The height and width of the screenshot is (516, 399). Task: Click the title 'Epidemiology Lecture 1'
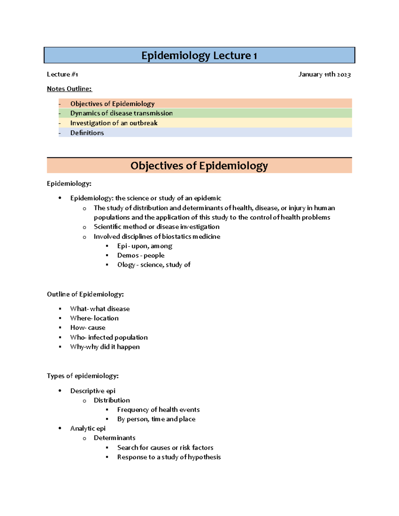coord(199,55)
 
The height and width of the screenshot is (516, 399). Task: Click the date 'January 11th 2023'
coord(324,74)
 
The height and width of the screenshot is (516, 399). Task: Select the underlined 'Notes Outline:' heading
coord(69,89)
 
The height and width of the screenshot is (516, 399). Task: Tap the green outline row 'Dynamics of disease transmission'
coord(121,113)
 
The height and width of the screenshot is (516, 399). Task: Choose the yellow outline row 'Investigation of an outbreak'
coord(114,123)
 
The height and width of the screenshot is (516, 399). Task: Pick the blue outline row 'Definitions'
coord(87,133)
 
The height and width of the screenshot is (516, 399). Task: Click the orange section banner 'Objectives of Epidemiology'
coord(199,165)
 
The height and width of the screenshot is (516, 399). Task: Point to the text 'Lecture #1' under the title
coord(62,74)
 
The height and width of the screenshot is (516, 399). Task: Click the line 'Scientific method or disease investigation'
coord(156,227)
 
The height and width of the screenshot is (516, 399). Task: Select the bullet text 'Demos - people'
coord(141,255)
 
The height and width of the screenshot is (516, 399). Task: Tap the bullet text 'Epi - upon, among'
coord(145,246)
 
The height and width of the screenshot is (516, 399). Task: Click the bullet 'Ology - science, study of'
coord(154,264)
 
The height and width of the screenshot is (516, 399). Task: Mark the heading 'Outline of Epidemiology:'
coord(85,294)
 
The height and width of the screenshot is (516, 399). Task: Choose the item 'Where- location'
coord(94,318)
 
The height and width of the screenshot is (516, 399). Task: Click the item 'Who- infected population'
coord(109,337)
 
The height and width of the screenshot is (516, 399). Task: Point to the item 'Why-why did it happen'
coord(105,347)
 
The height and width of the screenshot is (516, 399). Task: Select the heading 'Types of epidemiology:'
coord(82,376)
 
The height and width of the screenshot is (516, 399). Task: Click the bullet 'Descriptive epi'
coord(93,391)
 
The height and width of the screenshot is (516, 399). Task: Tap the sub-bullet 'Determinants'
coord(114,438)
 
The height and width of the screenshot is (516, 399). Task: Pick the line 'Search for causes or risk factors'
coord(165,447)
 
